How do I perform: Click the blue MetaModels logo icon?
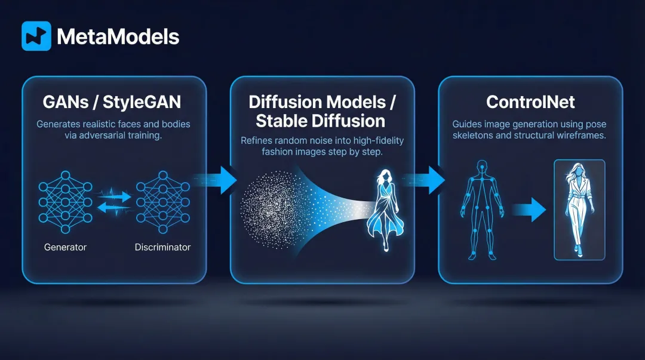pyautogui.click(x=36, y=36)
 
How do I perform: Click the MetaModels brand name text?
pyautogui.click(x=118, y=37)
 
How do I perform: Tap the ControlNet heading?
pyautogui.click(x=530, y=102)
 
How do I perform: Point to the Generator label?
pyautogui.click(x=65, y=247)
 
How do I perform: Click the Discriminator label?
pyautogui.click(x=162, y=247)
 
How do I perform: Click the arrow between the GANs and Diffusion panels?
pyautogui.click(x=219, y=180)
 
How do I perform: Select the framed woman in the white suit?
pyautogui.click(x=579, y=209)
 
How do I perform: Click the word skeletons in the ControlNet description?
pyautogui.click(x=475, y=136)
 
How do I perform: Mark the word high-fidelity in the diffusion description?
pyautogui.click(x=376, y=141)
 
